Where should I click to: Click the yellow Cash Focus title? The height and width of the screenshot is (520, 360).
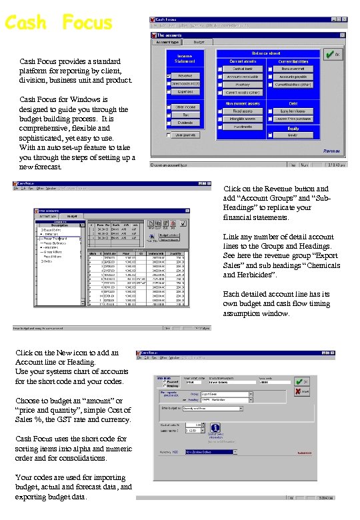tap(58, 23)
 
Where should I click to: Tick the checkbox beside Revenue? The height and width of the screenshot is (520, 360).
tap(169, 76)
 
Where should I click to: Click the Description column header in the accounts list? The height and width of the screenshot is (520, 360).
tap(60, 225)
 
